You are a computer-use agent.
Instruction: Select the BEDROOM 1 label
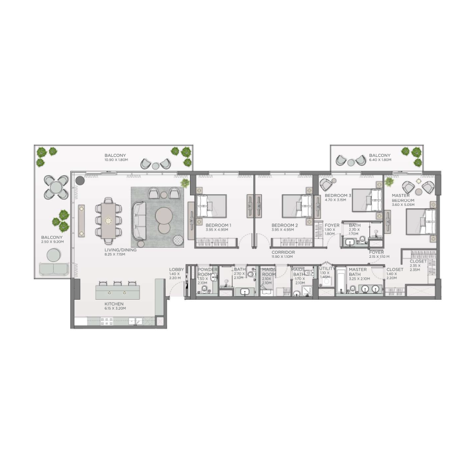pyautogui.click(x=218, y=225)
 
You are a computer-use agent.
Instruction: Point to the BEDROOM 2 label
pyautogui.click(x=284, y=225)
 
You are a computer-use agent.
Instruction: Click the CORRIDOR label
pyautogui.click(x=283, y=252)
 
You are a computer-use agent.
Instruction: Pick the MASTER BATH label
pyautogui.click(x=358, y=270)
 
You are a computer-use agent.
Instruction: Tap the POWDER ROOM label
pyautogui.click(x=207, y=273)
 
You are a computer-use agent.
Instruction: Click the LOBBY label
pyautogui.click(x=176, y=270)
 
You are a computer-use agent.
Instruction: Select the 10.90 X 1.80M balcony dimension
pyautogui.click(x=116, y=160)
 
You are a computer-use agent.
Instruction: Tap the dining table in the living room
pyautogui.click(x=109, y=220)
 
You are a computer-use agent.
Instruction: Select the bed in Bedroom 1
pyautogui.click(x=211, y=206)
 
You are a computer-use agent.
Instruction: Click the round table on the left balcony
pyautogui.click(x=54, y=187)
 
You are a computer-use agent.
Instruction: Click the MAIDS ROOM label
pyautogui.click(x=269, y=273)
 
